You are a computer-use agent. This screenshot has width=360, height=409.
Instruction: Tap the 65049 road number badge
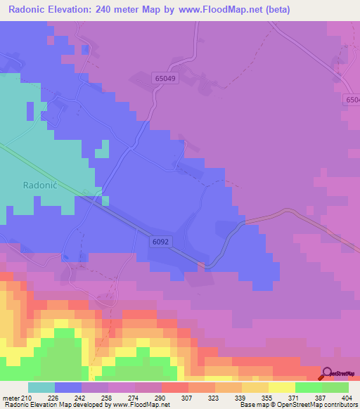point(163,80)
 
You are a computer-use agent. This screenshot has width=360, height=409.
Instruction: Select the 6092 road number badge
point(160,242)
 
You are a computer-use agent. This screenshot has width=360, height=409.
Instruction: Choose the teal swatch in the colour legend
point(41,387)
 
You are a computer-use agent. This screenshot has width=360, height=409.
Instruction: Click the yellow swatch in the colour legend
point(282,387)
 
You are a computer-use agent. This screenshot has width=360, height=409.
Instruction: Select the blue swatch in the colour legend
point(68,387)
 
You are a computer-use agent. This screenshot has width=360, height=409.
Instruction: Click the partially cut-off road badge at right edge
point(353,100)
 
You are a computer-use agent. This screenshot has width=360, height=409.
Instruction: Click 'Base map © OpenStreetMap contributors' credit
point(298,405)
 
